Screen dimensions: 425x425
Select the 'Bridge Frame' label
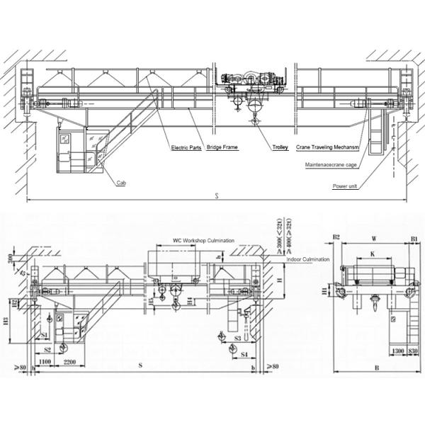coord(222,148)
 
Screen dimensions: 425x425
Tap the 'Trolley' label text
coord(281,148)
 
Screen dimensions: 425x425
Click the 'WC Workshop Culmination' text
coord(203,241)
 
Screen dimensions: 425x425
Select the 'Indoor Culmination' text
coord(308,260)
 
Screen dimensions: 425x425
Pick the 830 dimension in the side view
coord(413,352)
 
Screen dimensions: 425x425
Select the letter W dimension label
coord(373,239)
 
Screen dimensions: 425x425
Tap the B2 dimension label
coord(337,238)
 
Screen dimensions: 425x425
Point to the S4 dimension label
coord(243,352)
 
